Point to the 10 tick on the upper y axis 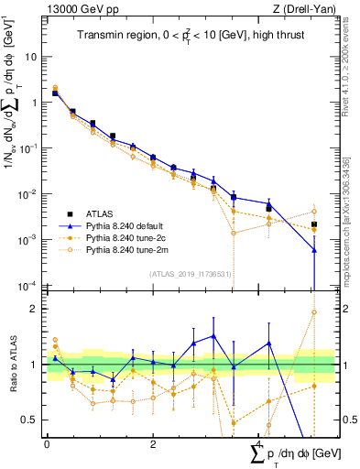point(33,56)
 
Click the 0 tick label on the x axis point(47,442)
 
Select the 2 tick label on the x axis point(152,442)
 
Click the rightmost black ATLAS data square point(314,224)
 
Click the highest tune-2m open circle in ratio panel point(314,311)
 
